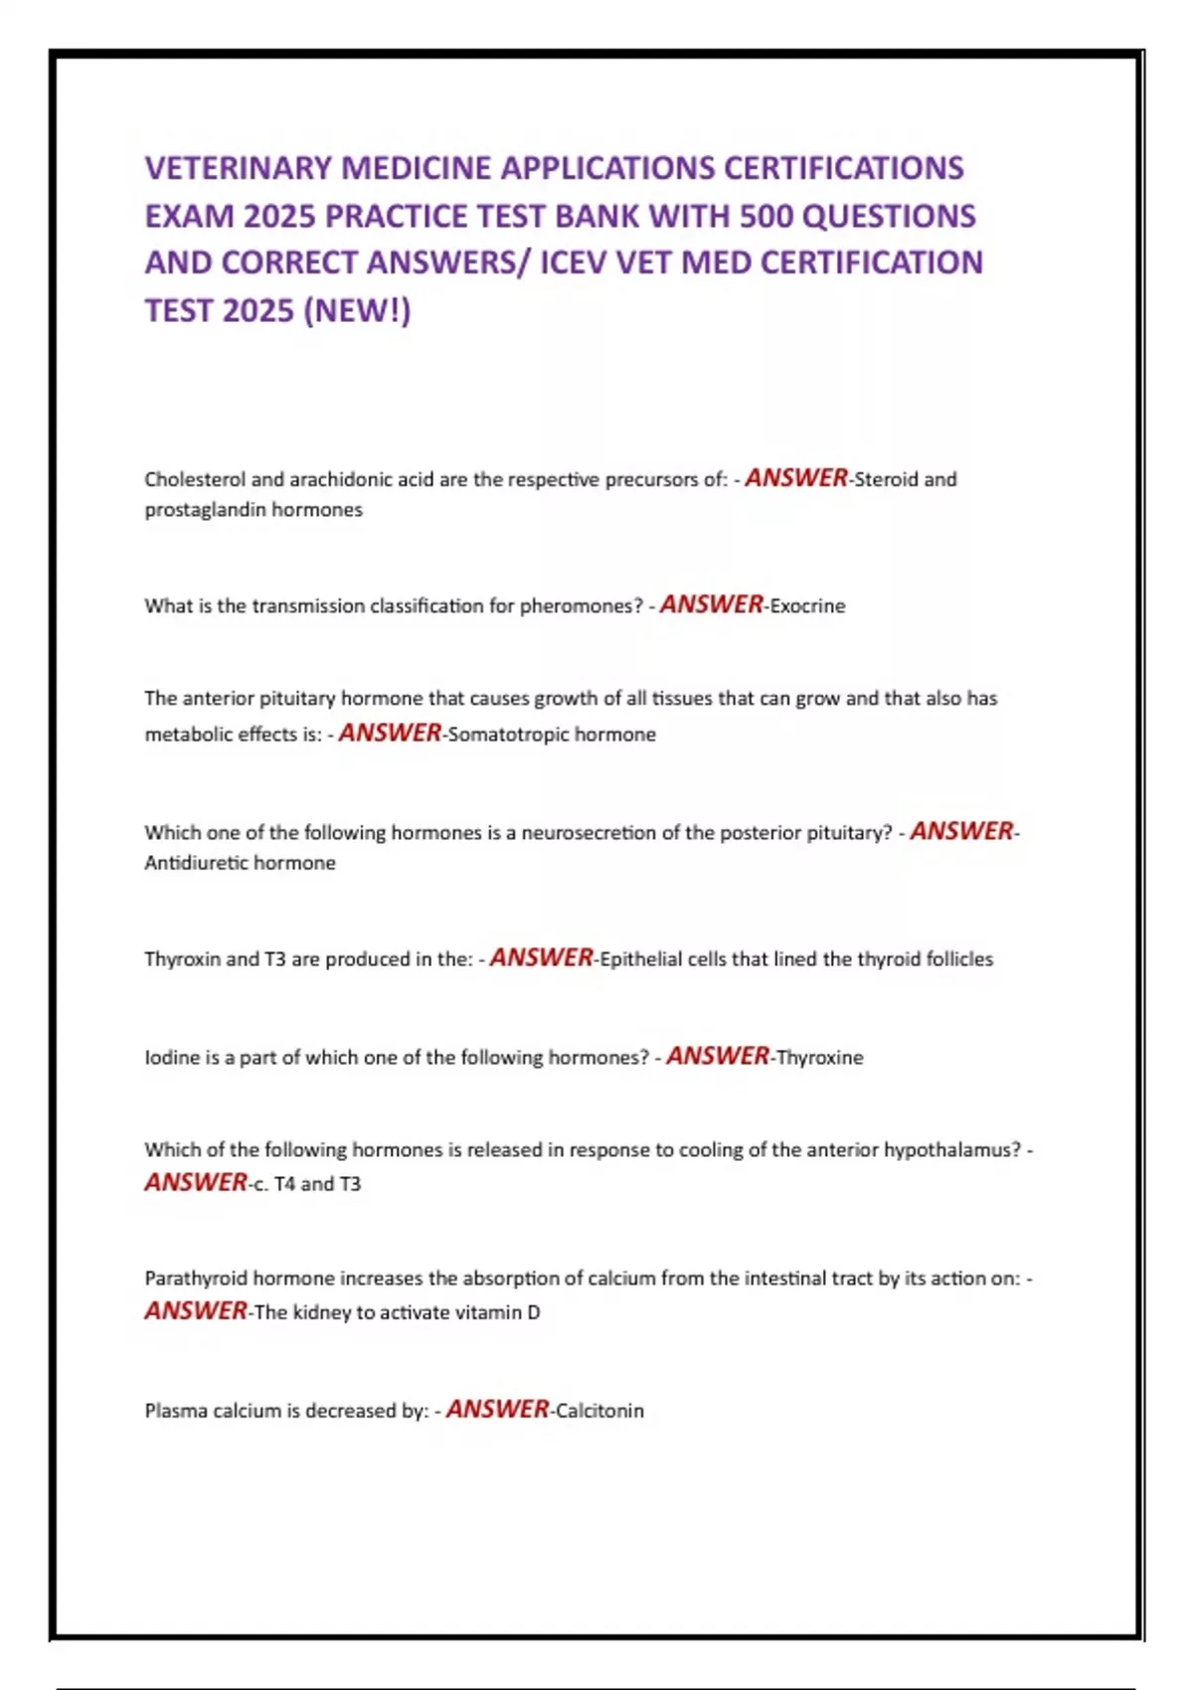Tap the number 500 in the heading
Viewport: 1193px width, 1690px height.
click(767, 216)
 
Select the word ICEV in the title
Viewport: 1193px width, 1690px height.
click(574, 262)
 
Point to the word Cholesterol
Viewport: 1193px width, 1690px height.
click(194, 479)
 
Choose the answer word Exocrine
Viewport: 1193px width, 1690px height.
click(807, 606)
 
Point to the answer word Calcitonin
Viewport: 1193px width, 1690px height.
click(599, 1411)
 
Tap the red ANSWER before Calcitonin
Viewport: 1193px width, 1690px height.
click(497, 1409)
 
